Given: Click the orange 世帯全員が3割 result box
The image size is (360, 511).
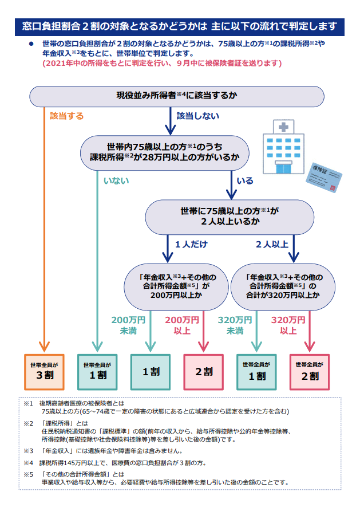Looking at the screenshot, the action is [44, 372].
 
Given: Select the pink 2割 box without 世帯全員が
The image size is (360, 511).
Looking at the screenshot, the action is [203, 372].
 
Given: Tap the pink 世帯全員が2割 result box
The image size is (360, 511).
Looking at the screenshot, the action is [310, 372].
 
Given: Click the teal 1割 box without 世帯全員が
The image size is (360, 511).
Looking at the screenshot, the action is [151, 372].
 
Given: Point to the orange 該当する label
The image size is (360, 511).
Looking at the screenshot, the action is [67, 116].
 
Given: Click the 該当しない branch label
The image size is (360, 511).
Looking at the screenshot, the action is [198, 116].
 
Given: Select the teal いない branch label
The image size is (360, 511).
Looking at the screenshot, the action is [116, 180].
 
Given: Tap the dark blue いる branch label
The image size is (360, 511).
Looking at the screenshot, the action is [245, 180].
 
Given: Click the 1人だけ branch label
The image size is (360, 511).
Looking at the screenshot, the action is [191, 244].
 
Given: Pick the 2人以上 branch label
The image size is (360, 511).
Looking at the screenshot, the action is [272, 244].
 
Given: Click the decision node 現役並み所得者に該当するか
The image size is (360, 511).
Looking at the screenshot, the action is [177, 96].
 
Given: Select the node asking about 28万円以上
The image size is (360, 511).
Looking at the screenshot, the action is [165, 153].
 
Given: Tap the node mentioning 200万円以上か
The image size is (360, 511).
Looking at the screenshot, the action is [176, 287].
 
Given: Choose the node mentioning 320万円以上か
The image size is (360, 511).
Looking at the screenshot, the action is [283, 287].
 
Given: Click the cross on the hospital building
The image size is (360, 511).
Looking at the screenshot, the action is [283, 127].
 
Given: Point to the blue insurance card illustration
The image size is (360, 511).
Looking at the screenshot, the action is [323, 177].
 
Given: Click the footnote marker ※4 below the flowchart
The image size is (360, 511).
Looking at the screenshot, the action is [28, 463].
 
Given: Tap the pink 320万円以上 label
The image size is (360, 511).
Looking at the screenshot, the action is [288, 325].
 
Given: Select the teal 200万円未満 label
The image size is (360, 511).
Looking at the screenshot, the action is [128, 325].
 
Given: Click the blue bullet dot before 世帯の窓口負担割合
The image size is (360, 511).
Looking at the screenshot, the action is [31, 44].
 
